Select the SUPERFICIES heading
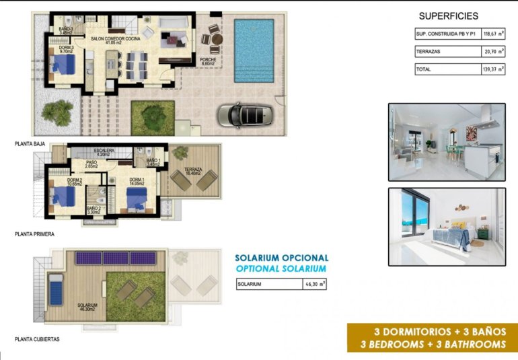[449, 16]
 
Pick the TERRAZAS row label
[430, 51]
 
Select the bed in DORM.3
[65, 65]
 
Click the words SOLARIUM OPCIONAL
[281, 258]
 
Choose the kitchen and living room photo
[446, 142]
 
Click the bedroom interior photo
[446, 227]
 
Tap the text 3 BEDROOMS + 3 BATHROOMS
[432, 344]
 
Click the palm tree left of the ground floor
[57, 112]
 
